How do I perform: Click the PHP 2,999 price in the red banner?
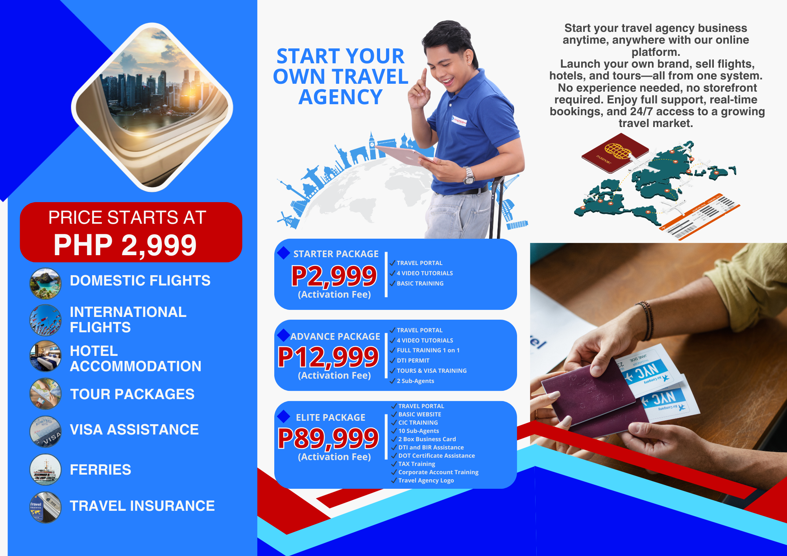[x=125, y=245]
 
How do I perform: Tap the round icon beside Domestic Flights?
[x=46, y=284]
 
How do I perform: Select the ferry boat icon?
[x=46, y=469]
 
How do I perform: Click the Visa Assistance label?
[x=134, y=429]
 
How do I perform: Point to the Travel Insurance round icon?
[x=46, y=507]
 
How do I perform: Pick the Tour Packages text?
[x=132, y=394]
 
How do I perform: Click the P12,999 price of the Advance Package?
[x=328, y=357]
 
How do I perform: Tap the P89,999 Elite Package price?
[x=328, y=438]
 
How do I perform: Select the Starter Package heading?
[x=336, y=254]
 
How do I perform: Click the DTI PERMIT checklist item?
[x=413, y=361]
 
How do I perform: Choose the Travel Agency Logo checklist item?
[x=426, y=481]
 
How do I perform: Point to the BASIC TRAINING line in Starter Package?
[x=420, y=284]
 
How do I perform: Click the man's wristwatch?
[x=468, y=175]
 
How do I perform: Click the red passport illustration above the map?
[x=615, y=153]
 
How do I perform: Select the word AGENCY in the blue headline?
[x=340, y=97]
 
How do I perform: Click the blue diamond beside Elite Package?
[x=283, y=416]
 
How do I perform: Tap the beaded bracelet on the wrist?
[x=646, y=320]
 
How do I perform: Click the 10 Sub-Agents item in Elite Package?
[x=419, y=431]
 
